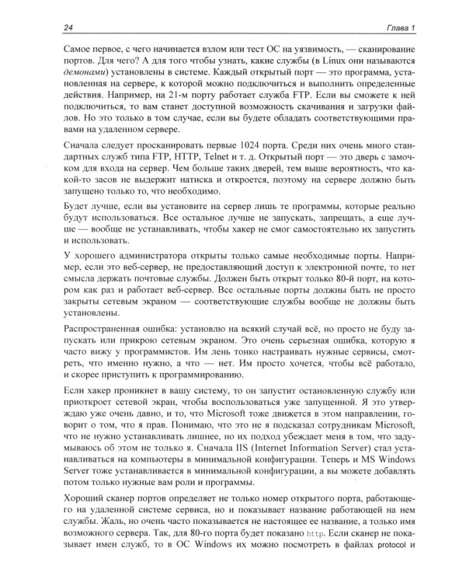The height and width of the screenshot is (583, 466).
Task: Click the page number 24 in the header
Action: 49,29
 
